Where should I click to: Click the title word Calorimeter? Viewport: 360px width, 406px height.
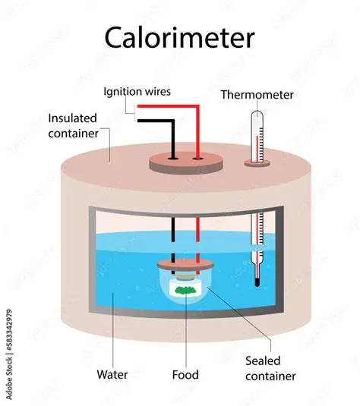179,37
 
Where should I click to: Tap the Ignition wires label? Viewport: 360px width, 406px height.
137,91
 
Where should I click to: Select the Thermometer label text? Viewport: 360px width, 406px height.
257,95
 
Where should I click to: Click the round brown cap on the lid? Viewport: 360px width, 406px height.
185,162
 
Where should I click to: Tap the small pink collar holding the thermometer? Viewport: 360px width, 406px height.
258,162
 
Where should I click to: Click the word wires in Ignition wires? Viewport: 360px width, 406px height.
157,91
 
